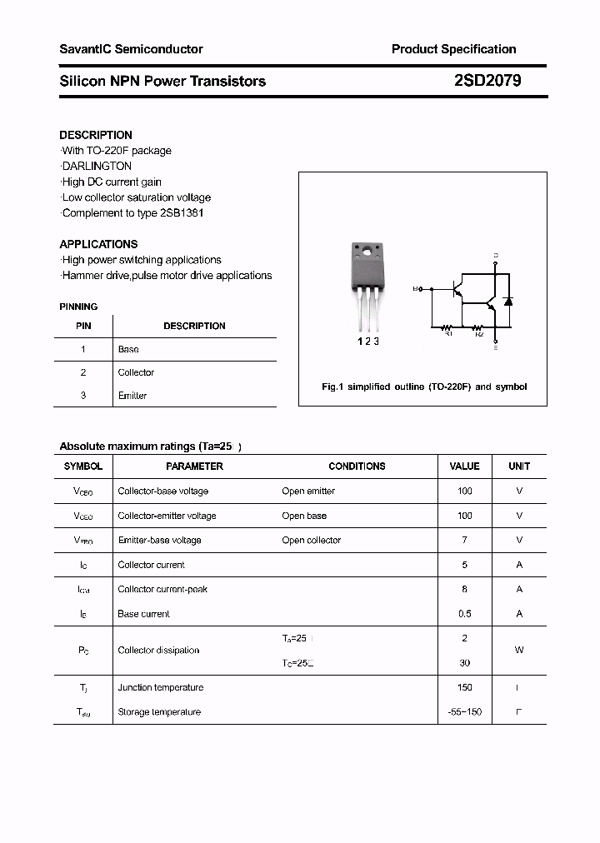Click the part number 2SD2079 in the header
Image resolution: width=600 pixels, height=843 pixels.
pos(487,81)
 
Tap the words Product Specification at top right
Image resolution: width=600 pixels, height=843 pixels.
pos(453,49)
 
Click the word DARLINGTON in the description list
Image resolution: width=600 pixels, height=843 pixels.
pos(97,166)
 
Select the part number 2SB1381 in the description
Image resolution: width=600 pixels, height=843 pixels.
pos(181,212)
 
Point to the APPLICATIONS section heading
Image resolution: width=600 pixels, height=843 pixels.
pos(98,244)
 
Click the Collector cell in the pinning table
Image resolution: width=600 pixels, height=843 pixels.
pos(136,372)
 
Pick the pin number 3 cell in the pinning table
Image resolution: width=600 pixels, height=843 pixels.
pos(83,396)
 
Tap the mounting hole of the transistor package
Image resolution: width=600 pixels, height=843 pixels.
pos(366,249)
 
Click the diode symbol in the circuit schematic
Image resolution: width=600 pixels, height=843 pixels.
pos(508,300)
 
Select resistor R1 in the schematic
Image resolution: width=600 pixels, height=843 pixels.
pos(447,327)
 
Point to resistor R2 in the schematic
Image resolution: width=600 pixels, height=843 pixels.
pos(479,327)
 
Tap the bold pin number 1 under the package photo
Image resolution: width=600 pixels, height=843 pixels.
pos(360,342)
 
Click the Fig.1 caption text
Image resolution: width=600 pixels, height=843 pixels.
pos(424,387)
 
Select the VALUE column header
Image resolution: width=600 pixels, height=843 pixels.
pos(464,466)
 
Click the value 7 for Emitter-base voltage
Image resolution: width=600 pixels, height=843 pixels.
pos(464,540)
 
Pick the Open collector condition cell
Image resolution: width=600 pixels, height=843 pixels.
pos(311,540)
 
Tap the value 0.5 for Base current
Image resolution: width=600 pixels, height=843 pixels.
pos(464,614)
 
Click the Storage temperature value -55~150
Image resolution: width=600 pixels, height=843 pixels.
pos(464,712)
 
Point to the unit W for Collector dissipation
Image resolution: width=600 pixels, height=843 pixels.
pos(518,650)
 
